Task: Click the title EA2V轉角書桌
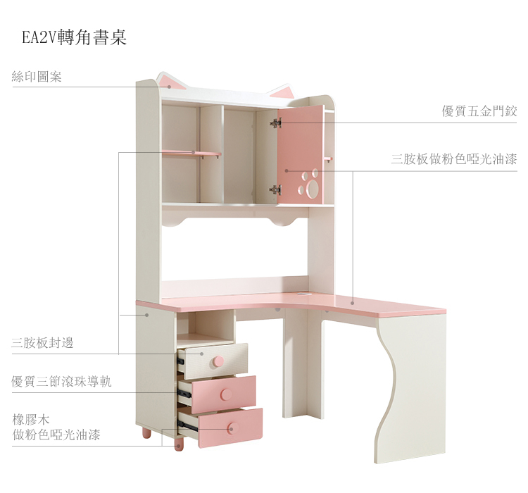click(x=74, y=37)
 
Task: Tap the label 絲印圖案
click(x=37, y=77)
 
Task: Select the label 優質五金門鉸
click(x=479, y=111)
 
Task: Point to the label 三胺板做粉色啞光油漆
click(x=454, y=160)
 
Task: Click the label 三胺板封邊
click(x=42, y=343)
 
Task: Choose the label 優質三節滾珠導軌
click(x=61, y=382)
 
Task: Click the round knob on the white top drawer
click(x=218, y=361)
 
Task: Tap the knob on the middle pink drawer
click(x=226, y=394)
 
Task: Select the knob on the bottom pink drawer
click(x=232, y=427)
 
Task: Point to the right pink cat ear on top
click(x=282, y=92)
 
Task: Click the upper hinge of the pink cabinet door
click(x=275, y=123)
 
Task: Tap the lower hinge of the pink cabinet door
click(x=275, y=189)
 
